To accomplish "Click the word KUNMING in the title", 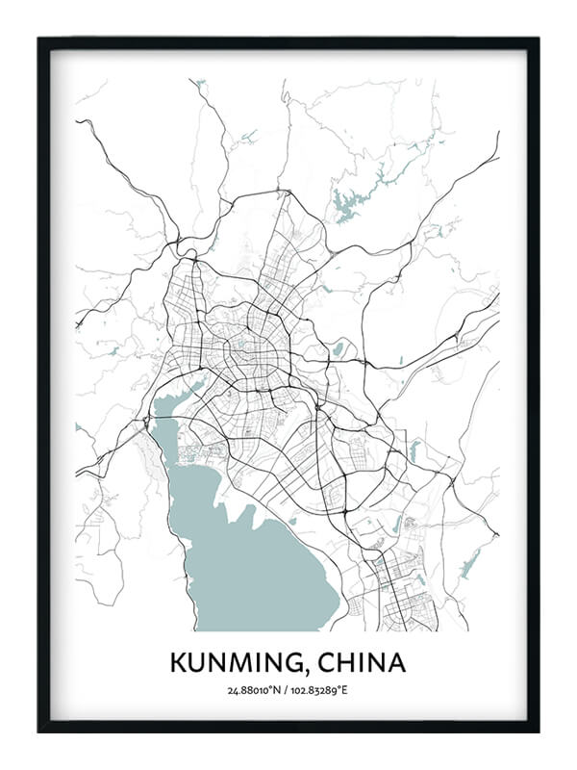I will click(x=236, y=663).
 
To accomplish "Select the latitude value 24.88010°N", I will click(x=254, y=690).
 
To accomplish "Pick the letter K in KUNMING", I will click(x=178, y=663).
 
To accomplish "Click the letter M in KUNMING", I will click(x=239, y=663).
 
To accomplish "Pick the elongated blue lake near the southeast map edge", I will click(x=470, y=563).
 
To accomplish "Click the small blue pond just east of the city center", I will click(x=338, y=347).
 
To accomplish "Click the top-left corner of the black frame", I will click(x=39, y=39).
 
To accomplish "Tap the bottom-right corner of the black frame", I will click(x=538, y=731).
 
